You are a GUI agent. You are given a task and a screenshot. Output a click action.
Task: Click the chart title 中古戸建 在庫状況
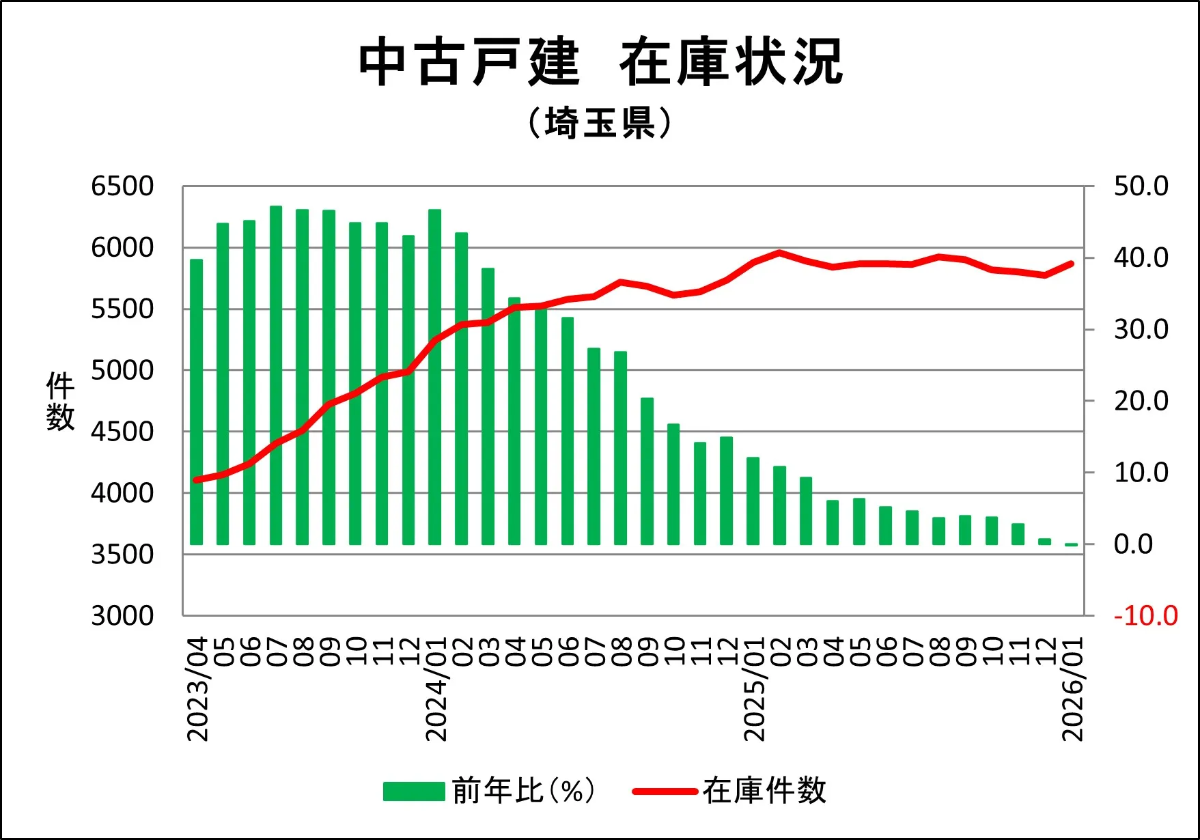click(x=601, y=63)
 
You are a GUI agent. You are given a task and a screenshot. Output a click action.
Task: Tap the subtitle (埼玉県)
click(x=600, y=124)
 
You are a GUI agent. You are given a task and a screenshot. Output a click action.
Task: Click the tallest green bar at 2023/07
click(x=276, y=375)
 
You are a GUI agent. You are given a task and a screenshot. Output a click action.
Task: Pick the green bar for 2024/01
click(x=434, y=376)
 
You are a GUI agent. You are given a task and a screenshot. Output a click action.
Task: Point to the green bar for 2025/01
click(x=753, y=501)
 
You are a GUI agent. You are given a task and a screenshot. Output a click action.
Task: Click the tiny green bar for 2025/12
click(x=1044, y=542)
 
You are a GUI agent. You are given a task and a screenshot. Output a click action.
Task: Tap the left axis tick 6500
click(x=122, y=186)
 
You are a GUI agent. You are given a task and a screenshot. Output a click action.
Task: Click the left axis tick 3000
click(x=122, y=616)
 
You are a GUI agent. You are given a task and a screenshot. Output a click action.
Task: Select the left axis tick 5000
click(x=122, y=371)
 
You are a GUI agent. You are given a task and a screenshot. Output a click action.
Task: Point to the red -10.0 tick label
click(x=1145, y=616)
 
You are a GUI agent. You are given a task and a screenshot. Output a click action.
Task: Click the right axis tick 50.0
click(x=1141, y=186)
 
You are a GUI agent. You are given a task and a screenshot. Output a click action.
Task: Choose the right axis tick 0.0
click(x=1133, y=544)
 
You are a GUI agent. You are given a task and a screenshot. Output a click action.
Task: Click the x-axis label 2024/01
click(x=436, y=689)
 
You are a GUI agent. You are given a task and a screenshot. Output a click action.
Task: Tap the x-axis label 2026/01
click(x=1072, y=689)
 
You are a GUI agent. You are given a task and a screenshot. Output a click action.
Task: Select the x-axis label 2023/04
click(x=197, y=689)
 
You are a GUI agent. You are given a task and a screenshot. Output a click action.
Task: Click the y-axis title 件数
click(x=60, y=402)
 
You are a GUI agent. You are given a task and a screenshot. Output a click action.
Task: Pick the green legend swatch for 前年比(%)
click(x=414, y=792)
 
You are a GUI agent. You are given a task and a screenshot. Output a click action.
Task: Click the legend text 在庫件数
click(x=764, y=791)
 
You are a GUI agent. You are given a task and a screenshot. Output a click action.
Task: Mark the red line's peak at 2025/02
click(x=779, y=253)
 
